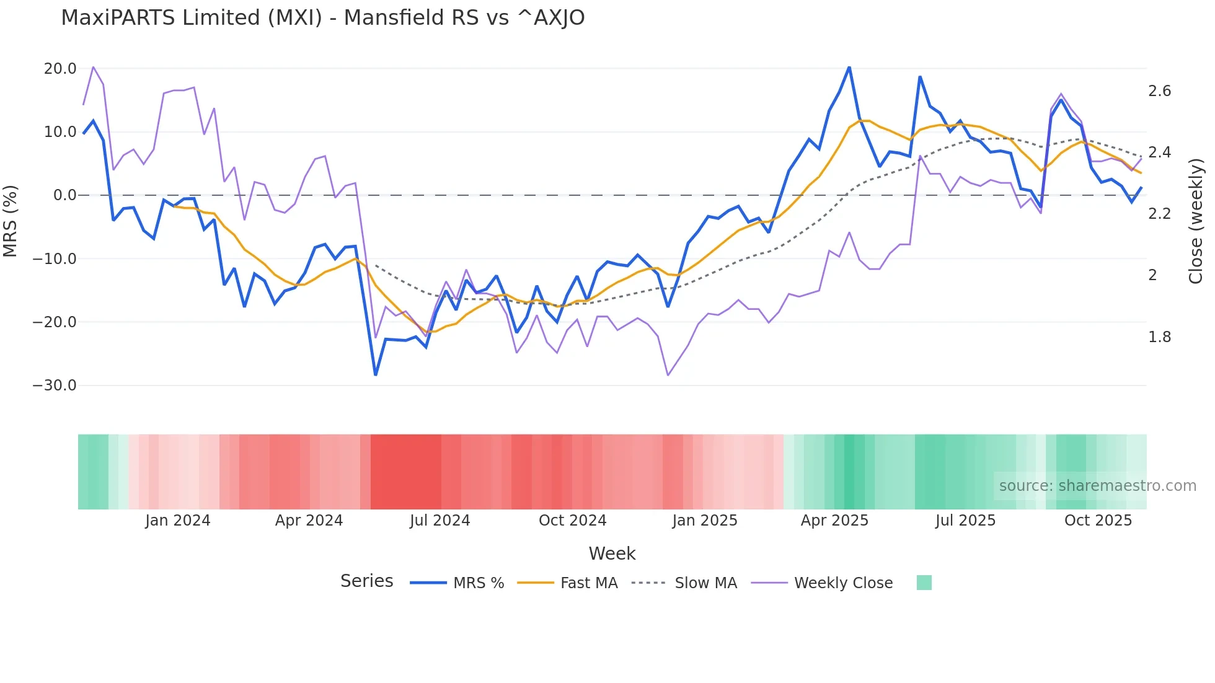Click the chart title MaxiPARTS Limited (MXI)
coord(322,17)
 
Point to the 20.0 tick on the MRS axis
coord(60,68)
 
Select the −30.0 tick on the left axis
coord(55,385)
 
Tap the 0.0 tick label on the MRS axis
coord(64,195)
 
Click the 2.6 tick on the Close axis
coord(1159,91)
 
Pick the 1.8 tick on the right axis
coord(1159,337)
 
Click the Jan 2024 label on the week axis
coord(178,520)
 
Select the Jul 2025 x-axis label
coord(965,520)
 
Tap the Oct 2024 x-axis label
coord(572,520)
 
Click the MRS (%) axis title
coord(11,221)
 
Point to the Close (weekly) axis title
coord(1196,221)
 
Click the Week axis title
coord(612,553)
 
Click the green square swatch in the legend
coord(924,583)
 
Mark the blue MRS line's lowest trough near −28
coord(376,374)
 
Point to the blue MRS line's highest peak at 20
coord(849,67)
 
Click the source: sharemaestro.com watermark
coord(1097,485)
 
